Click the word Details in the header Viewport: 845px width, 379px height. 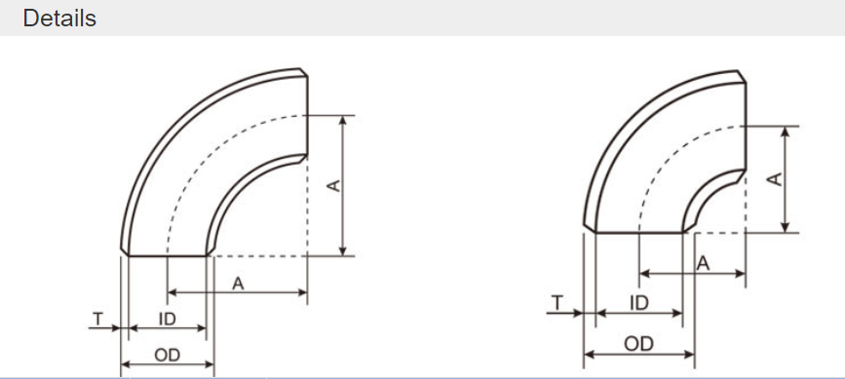coord(59,19)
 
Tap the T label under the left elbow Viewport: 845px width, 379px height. coord(97,320)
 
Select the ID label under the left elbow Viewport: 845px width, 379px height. coord(167,320)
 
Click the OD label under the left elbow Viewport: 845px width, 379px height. coord(167,356)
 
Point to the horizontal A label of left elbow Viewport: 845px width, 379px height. coord(238,284)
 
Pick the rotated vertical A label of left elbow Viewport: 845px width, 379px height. coord(334,186)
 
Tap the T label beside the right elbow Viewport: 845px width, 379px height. coord(557,303)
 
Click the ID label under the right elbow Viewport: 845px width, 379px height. coord(639,303)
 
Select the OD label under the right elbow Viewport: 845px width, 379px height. coord(639,344)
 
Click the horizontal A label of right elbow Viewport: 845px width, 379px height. coord(703,264)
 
